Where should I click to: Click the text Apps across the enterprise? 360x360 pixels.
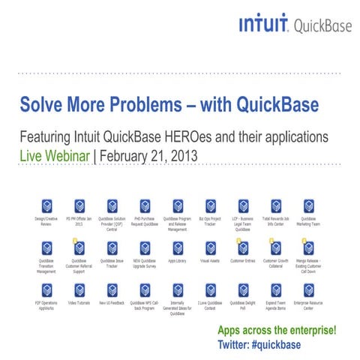pyautogui.click(x=277, y=331)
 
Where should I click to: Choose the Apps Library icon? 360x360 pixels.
pyautogui.click(x=177, y=247)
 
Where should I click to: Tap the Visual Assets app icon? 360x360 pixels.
pyautogui.click(x=210, y=247)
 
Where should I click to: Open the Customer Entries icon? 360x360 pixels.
pyautogui.click(x=242, y=247)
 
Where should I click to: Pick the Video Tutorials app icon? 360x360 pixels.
pyautogui.click(x=79, y=289)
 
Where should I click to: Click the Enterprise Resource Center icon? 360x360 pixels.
pyautogui.click(x=307, y=289)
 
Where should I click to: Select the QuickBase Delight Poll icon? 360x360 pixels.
pyautogui.click(x=242, y=289)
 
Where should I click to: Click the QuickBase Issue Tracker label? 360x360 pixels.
pyautogui.click(x=112, y=263)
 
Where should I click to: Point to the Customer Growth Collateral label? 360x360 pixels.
pyautogui.click(x=275, y=263)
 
